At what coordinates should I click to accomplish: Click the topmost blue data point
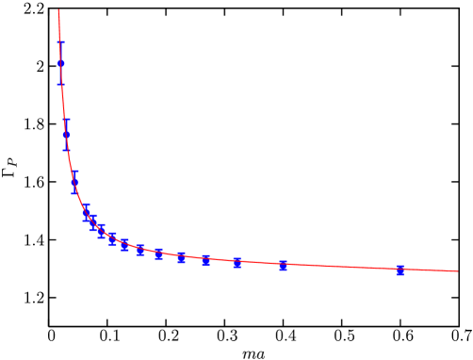click(x=61, y=63)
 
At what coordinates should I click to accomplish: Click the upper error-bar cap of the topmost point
click(x=61, y=41)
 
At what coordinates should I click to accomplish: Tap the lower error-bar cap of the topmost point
click(x=61, y=84)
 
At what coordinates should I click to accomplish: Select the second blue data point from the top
click(x=66, y=135)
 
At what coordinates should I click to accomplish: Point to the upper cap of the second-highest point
click(x=66, y=120)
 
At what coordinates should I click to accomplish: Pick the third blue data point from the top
click(x=74, y=182)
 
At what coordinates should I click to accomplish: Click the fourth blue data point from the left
click(x=86, y=213)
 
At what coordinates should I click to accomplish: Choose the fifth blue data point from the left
click(x=93, y=223)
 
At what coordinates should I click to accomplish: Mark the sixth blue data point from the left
click(x=101, y=231)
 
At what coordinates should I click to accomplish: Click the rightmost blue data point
click(x=400, y=270)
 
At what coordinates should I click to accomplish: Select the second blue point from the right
click(x=283, y=265)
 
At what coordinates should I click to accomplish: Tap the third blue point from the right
click(x=236, y=263)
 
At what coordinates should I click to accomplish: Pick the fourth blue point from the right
click(x=206, y=259)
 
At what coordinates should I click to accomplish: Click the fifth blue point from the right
click(x=181, y=257)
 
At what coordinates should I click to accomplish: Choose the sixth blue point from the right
click(x=158, y=254)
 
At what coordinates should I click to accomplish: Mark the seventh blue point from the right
click(x=140, y=250)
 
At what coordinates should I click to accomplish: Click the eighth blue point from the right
click(x=124, y=245)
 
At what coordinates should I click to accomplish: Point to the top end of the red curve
click(x=58, y=10)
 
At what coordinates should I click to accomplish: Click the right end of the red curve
click(x=457, y=271)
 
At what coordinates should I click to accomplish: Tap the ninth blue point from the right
click(x=112, y=238)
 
